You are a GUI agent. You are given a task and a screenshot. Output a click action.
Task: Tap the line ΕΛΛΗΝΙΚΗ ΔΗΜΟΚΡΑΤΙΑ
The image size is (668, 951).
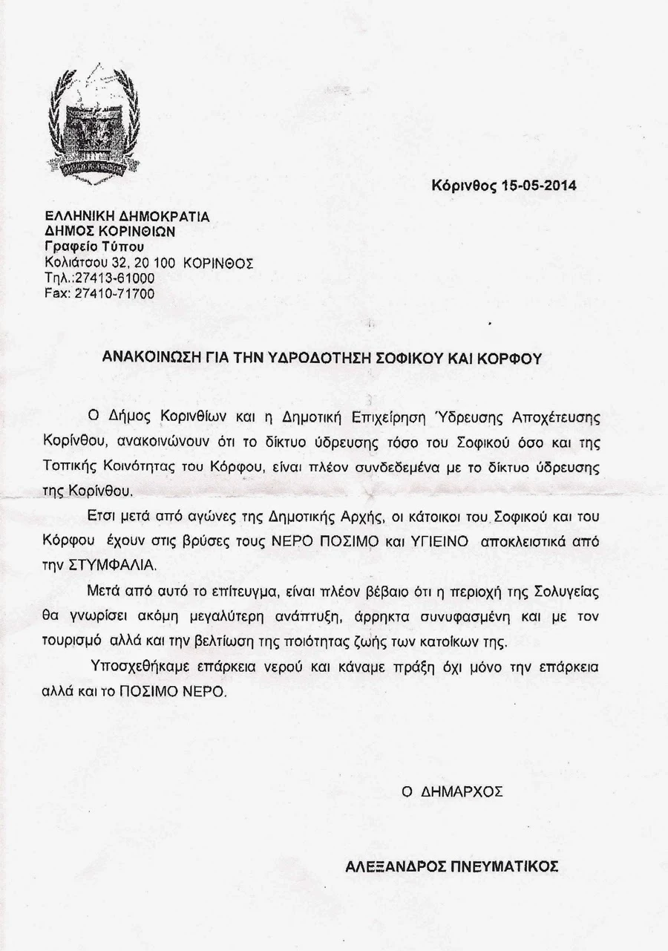128,217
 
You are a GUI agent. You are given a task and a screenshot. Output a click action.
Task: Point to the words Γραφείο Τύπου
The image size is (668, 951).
94,247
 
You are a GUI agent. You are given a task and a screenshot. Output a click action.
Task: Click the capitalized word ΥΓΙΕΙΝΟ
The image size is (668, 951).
436,541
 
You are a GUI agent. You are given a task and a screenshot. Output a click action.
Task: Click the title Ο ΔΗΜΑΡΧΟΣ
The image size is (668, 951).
453,791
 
